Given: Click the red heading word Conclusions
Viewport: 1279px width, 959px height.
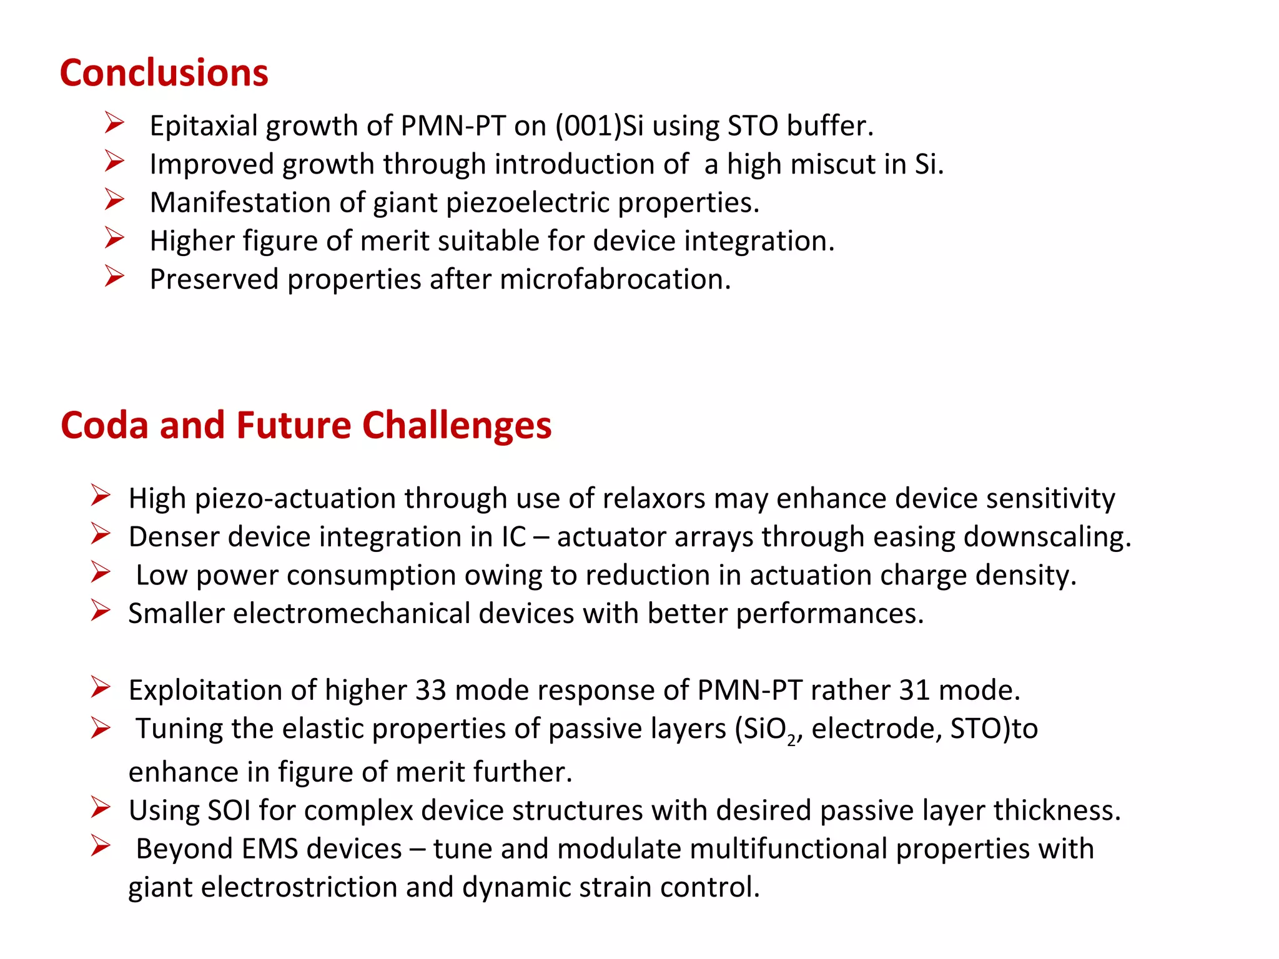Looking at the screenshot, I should [164, 72].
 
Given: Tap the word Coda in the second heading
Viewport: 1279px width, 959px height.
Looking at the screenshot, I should [104, 425].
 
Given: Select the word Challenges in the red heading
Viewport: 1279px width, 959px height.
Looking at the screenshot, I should [457, 425].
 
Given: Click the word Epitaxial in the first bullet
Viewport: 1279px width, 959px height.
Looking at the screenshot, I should [204, 126].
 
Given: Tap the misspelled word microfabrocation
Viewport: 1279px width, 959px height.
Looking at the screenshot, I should [615, 279].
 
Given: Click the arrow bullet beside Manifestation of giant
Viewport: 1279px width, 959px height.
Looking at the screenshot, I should [114, 200].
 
